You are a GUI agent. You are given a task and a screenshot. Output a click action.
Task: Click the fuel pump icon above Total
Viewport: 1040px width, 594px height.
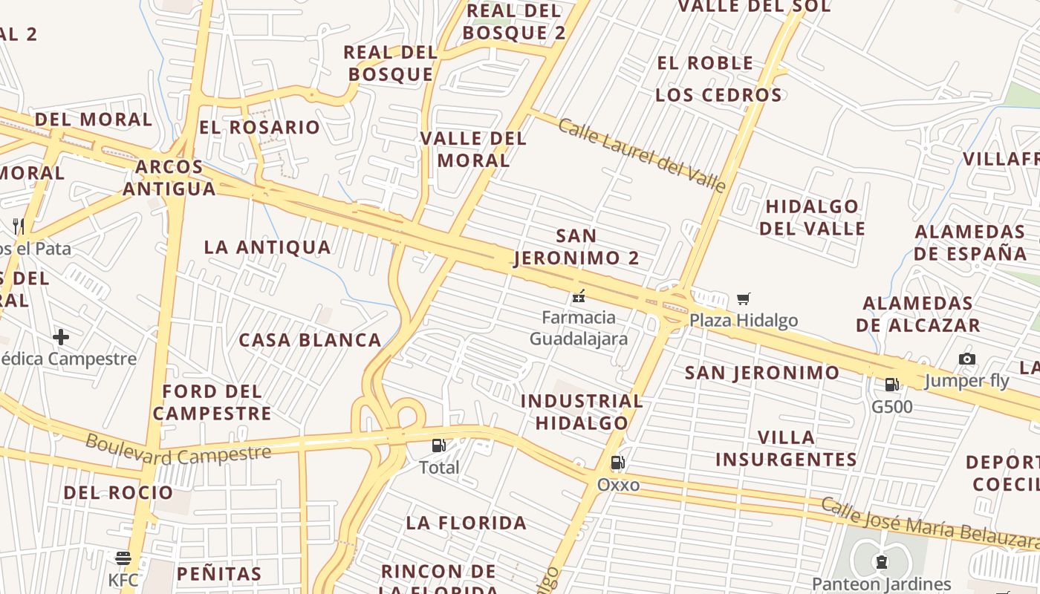439,446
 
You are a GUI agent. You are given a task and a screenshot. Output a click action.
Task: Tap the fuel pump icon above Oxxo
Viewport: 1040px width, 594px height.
617,463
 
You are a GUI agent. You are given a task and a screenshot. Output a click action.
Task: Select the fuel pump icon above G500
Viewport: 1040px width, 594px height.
891,385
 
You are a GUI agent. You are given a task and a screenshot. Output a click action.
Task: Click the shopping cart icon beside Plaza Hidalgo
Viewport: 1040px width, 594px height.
744,299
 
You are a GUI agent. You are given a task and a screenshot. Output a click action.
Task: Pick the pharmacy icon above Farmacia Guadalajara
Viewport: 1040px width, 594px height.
579,296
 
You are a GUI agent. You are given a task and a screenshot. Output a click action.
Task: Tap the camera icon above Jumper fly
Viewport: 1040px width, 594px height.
966,359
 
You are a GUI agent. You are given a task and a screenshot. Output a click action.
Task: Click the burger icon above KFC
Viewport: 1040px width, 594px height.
123,558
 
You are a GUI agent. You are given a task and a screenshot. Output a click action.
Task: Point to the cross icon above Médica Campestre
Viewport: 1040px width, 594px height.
61,338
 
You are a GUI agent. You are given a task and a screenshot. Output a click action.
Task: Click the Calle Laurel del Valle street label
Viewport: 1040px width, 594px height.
641,154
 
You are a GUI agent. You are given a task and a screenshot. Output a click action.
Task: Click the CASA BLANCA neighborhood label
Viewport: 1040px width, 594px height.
310,340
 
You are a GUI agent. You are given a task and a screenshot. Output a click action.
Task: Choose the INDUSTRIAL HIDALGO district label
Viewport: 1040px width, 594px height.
582,412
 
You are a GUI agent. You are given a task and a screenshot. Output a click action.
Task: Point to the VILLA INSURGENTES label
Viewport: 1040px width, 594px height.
786,448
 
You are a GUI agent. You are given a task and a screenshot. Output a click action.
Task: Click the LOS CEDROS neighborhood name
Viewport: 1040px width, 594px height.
718,95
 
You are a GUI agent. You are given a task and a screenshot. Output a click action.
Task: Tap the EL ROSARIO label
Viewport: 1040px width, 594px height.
259,127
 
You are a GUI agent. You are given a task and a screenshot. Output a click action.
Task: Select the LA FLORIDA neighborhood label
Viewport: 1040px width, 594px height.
467,523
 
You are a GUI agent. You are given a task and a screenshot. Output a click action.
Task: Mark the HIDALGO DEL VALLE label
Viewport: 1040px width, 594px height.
812,217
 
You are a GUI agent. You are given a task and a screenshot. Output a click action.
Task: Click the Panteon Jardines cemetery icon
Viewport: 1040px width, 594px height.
881,561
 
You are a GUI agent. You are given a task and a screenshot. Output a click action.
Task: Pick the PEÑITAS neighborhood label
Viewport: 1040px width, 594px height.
219,573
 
